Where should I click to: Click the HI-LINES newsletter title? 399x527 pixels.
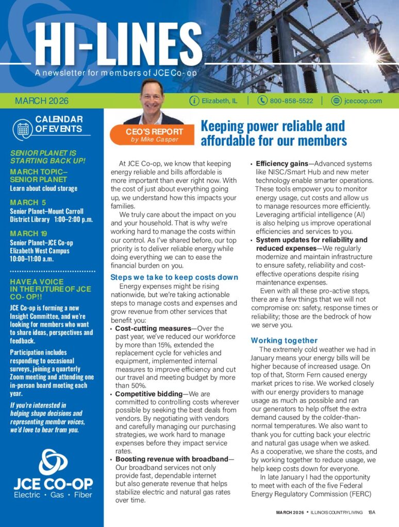(116, 44)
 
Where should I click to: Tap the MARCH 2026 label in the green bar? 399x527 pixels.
(42, 101)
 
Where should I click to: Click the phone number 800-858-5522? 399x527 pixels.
(291, 101)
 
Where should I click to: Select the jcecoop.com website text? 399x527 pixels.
(363, 101)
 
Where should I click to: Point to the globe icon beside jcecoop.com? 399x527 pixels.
(337, 101)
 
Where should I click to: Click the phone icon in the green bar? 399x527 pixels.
(262, 101)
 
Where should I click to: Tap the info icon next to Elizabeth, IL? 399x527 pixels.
(194, 101)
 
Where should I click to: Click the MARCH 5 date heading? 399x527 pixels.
(24, 202)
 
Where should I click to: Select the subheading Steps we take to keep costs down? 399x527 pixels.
(174, 277)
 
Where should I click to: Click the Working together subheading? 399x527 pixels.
(284, 340)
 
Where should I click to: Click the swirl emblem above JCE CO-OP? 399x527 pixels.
(53, 462)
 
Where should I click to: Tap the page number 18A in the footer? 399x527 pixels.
(372, 513)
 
